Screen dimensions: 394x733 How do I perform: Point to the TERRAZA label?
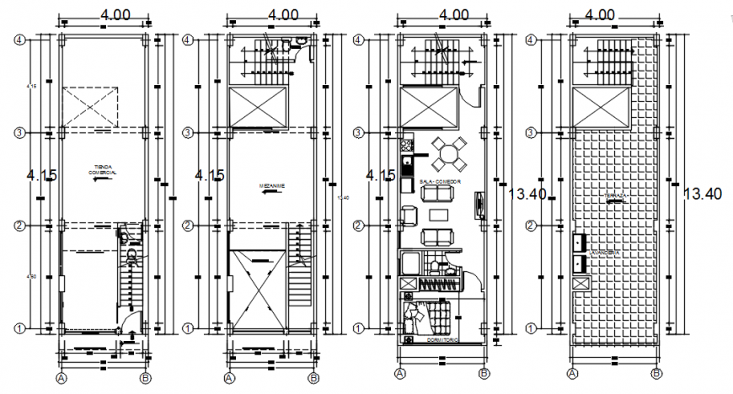(x=615, y=197)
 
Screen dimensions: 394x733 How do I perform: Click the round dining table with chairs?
(x=451, y=153)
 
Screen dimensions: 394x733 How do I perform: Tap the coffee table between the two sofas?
(x=436, y=216)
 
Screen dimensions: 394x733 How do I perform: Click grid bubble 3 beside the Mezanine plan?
(x=190, y=132)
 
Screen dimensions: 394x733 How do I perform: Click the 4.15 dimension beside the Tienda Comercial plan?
(x=42, y=175)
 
